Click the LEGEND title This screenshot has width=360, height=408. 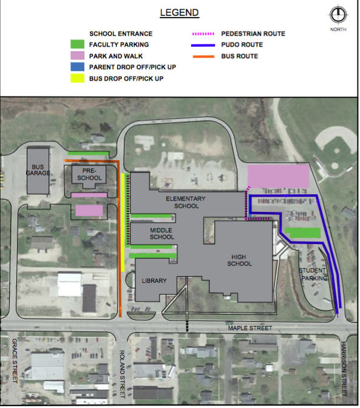click(x=179, y=12)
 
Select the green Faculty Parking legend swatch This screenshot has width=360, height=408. click(x=76, y=44)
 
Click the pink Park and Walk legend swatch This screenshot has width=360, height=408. click(x=76, y=56)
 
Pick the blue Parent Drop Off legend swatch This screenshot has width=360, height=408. click(x=76, y=67)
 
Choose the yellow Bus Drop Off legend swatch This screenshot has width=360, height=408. click(x=76, y=78)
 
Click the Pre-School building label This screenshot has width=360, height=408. click(x=90, y=174)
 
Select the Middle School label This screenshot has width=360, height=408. click(x=161, y=233)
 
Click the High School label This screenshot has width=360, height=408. click(x=239, y=260)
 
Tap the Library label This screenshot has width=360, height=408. click(x=154, y=281)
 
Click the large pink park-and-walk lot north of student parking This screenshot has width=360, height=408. click(x=278, y=176)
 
